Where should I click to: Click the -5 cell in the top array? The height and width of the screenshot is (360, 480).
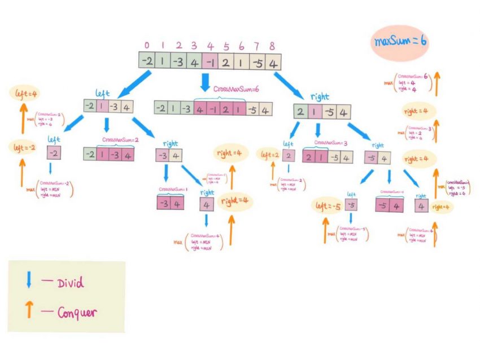258,60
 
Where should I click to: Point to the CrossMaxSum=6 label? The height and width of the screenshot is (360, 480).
236,89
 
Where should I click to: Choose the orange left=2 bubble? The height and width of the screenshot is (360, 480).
269,154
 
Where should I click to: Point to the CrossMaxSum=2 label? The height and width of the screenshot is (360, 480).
120,139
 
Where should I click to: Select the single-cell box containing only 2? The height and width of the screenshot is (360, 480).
289,156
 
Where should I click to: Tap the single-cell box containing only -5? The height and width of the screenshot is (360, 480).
351,205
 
